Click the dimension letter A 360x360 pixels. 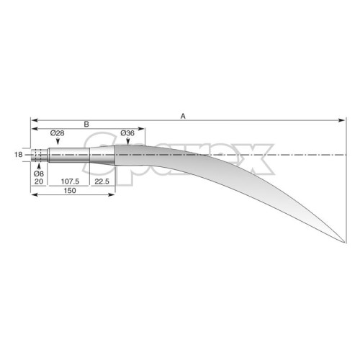183,117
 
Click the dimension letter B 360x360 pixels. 86,125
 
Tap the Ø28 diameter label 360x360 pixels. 58,133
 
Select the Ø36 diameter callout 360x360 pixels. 127,133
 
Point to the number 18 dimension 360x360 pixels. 18,155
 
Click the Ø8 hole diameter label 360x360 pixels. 39,174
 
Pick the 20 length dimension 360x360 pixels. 39,181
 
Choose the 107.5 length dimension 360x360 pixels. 70,181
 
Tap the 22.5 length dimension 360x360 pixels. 102,181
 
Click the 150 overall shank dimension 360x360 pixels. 70,191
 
